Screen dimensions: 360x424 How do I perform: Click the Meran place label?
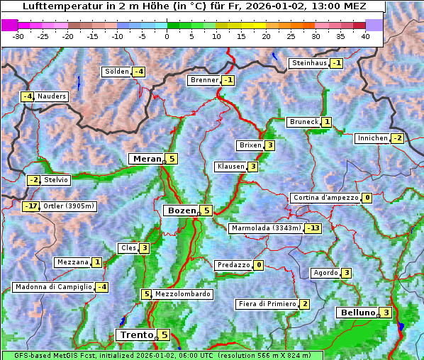pos(147,159)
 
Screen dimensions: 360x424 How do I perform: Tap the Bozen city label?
pos(182,210)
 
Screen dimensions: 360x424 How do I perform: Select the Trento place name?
pos(136,334)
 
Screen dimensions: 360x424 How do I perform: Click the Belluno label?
pos(357,313)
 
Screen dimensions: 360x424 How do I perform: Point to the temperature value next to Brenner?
pos(228,81)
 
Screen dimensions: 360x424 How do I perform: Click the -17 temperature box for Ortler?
pos(30,206)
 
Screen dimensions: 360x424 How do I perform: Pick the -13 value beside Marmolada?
pos(313,228)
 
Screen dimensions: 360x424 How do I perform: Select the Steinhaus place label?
pos(309,63)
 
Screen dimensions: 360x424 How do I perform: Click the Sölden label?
pos(117,72)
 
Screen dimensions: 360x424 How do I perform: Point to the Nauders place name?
pos(52,96)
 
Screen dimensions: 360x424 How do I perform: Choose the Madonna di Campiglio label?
pos(54,287)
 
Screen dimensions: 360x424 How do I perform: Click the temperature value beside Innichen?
pos(397,138)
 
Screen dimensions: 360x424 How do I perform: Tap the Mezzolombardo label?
pos(182,294)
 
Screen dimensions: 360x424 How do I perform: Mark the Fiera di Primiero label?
pos(267,304)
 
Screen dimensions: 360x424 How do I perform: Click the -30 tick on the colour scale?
pos(19,36)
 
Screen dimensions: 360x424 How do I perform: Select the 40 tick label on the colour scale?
pos(365,36)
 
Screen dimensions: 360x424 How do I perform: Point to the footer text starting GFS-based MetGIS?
pos(161,355)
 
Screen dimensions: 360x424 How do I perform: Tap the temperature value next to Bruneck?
pos(326,122)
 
